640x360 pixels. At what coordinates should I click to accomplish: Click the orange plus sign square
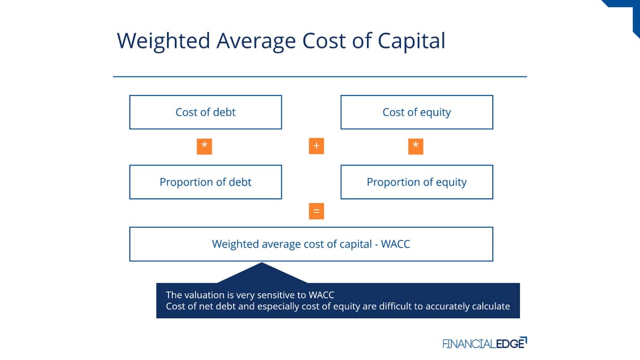pos(316,146)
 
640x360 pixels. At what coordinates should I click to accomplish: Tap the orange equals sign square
pos(316,211)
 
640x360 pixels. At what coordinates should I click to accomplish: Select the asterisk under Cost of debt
pos(204,147)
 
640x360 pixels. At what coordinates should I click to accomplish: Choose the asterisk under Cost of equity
pos(415,147)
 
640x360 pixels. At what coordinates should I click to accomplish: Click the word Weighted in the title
pos(163,42)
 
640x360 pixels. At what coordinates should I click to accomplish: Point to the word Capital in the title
pos(411,42)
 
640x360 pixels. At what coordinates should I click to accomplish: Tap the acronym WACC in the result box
pos(395,244)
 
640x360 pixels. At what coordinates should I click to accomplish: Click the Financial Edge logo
pos(485,343)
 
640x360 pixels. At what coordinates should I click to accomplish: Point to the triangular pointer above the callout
pos(262,273)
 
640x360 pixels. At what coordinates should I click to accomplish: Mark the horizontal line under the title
pos(320,77)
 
